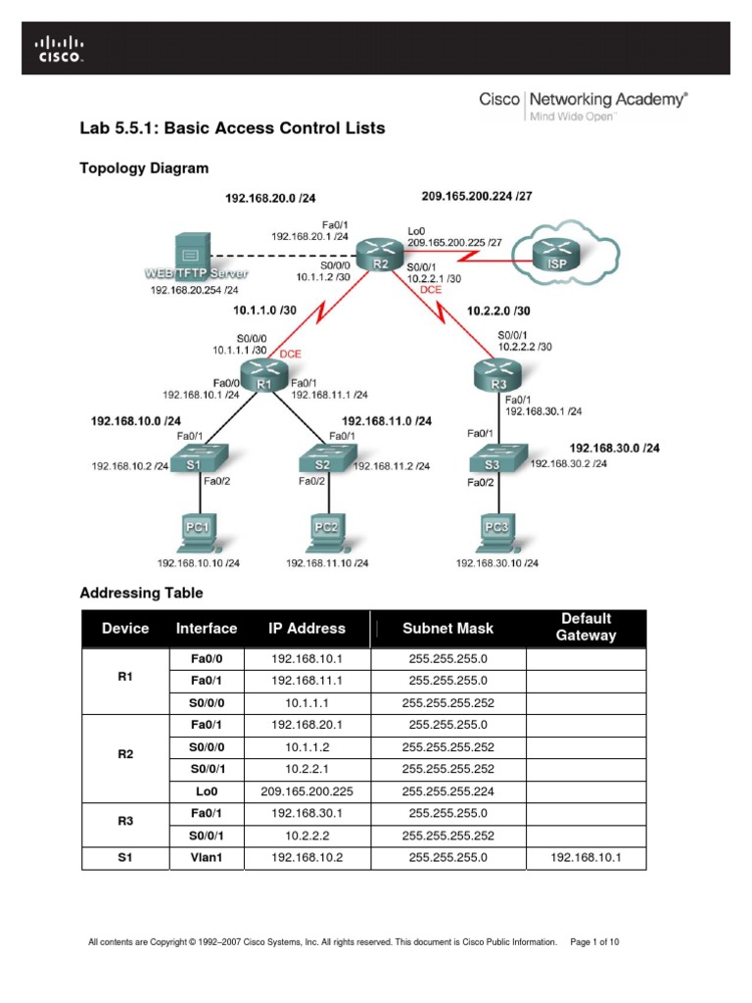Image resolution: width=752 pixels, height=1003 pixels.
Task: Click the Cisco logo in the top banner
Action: pyautogui.click(x=61, y=49)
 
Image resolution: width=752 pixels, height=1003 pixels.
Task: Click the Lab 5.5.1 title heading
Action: pyautogui.click(x=232, y=128)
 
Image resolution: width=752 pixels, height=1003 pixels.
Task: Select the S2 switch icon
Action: pyautogui.click(x=322, y=462)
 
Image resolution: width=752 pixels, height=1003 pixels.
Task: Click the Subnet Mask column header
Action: pyautogui.click(x=448, y=628)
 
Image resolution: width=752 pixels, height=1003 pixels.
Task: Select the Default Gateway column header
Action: pyautogui.click(x=586, y=627)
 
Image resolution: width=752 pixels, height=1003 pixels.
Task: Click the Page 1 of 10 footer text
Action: pyautogui.click(x=593, y=942)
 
